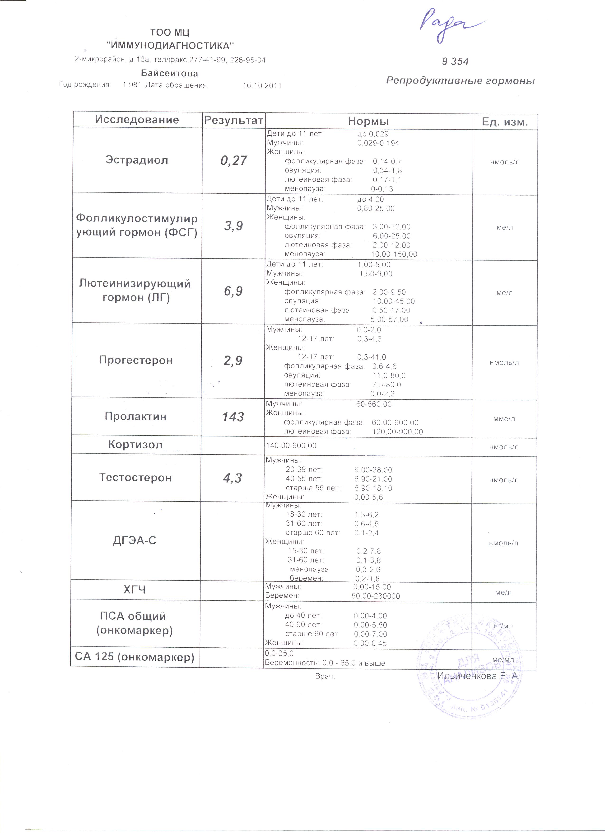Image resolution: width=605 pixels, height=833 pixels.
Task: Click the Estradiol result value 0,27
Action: [233, 160]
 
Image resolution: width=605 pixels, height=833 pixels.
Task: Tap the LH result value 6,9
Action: [233, 291]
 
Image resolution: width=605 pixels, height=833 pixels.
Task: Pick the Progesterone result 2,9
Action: [233, 361]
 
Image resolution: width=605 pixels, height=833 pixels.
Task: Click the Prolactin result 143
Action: [233, 417]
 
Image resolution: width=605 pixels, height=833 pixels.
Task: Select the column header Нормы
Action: [368, 121]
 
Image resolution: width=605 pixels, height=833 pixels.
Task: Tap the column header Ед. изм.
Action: [505, 122]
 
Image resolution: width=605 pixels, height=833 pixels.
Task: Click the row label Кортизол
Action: [135, 445]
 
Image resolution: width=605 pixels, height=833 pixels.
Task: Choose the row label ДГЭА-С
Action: [135, 540]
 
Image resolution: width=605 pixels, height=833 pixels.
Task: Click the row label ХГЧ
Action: [135, 590]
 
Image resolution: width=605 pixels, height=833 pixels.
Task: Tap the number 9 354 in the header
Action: [455, 61]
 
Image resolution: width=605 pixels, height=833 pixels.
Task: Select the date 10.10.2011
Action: [262, 86]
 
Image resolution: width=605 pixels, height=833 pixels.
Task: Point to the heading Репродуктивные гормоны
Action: [460, 80]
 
